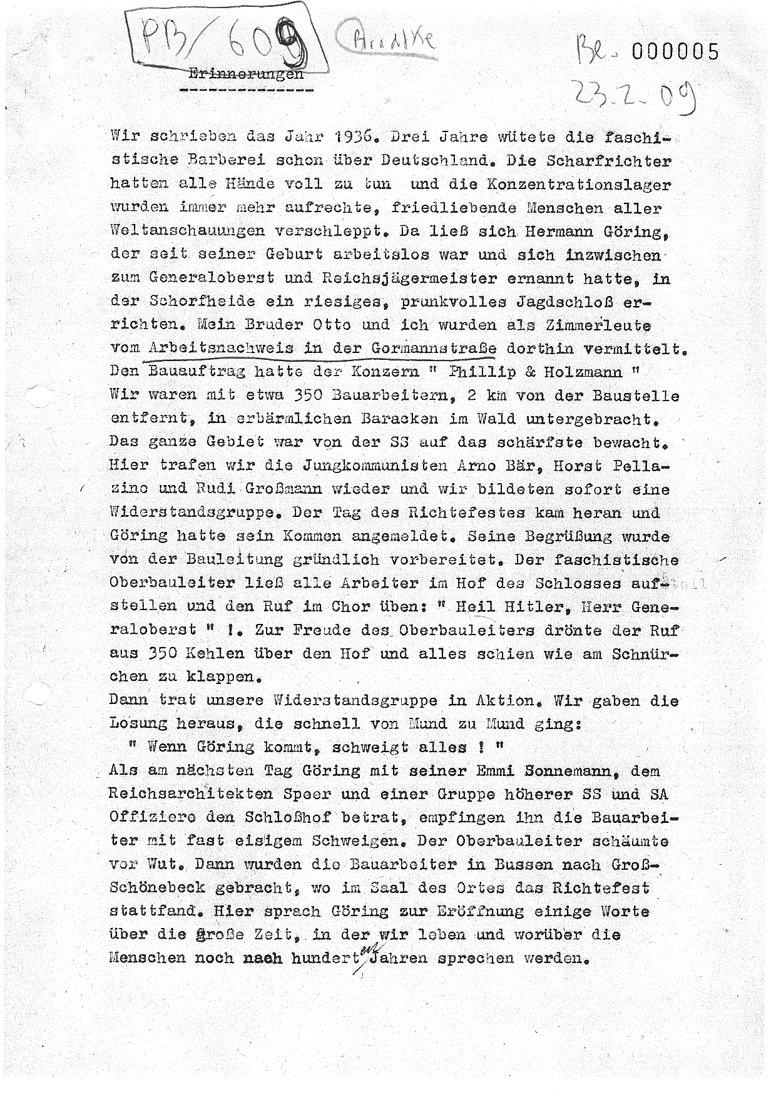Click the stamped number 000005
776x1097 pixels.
pos(675,51)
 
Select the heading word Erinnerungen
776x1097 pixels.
pos(245,74)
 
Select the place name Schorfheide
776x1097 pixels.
pos(202,301)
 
